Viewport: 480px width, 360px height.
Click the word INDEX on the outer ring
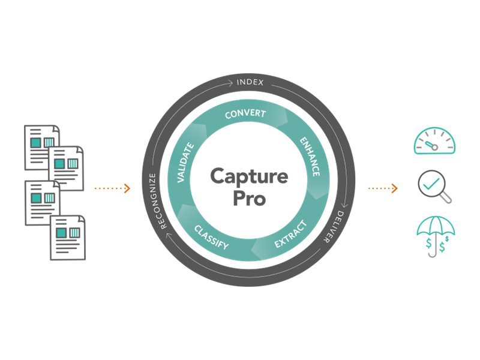250,82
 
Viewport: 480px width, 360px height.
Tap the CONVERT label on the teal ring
245,114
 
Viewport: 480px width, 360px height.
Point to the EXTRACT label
290,235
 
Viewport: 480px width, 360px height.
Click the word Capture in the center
249,176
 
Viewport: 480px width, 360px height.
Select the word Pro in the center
249,199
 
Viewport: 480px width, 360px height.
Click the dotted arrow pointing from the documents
112,188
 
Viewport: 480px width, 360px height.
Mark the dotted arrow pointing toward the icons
382,188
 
